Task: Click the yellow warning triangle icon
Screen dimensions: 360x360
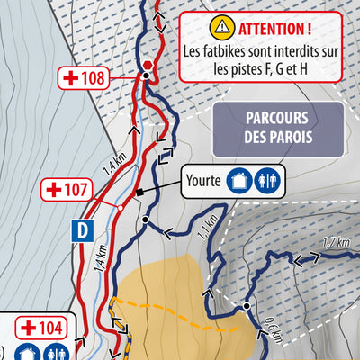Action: (220, 26)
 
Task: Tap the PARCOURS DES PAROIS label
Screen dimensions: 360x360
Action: (278, 127)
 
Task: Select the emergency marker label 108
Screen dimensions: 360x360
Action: (83, 78)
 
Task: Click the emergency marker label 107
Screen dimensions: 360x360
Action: (67, 190)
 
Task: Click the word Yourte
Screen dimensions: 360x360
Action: (202, 179)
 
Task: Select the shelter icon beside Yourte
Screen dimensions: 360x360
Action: (238, 179)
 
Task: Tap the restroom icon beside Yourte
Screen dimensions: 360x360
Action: (267, 179)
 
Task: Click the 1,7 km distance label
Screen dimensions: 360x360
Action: (335, 241)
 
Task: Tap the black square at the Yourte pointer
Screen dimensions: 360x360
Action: (138, 193)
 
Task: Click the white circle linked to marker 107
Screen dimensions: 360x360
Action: (119, 207)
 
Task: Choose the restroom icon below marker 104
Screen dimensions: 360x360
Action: (57, 352)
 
